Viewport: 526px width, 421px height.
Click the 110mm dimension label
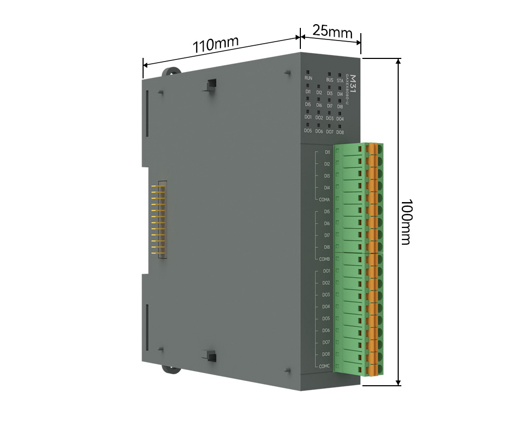(x=215, y=44)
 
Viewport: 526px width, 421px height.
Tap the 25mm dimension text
(x=332, y=31)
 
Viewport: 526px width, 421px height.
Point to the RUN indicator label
(x=308, y=78)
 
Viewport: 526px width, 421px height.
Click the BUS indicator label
(x=330, y=80)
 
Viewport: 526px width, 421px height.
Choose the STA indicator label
(x=340, y=81)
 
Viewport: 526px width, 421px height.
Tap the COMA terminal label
(x=325, y=200)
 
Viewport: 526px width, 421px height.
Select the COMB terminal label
(x=325, y=259)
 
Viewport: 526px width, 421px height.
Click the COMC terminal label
(x=325, y=366)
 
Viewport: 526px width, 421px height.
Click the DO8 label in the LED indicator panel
(x=340, y=133)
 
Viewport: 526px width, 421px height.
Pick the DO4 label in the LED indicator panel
(x=340, y=119)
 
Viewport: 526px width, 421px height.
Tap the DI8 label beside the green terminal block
(x=327, y=247)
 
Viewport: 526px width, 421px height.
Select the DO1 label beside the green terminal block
(x=326, y=271)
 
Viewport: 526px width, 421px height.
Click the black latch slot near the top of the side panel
(x=211, y=84)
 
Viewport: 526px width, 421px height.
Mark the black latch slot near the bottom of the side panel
(x=211, y=356)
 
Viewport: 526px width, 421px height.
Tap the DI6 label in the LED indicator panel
(x=319, y=105)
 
